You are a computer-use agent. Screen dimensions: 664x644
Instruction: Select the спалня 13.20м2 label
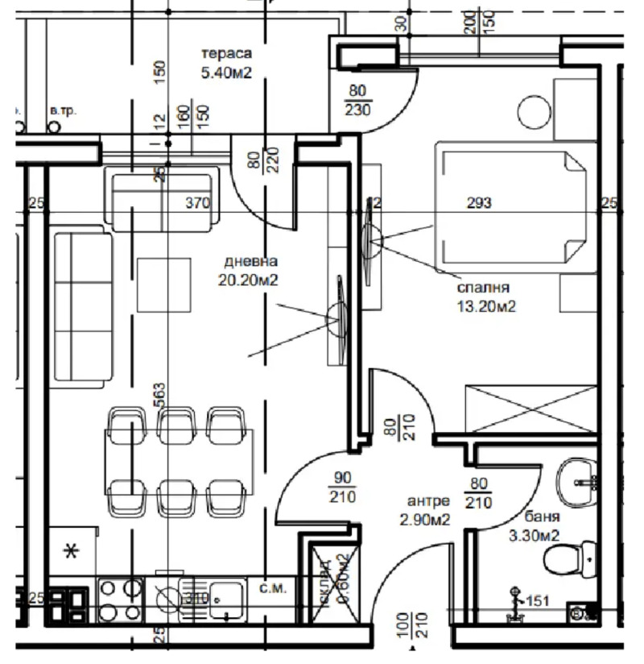pos(486,296)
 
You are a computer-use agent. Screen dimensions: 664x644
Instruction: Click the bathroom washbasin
pos(576,479)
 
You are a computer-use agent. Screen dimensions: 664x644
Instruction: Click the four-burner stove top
pos(120,600)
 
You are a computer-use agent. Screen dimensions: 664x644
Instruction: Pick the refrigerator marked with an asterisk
pos(72,552)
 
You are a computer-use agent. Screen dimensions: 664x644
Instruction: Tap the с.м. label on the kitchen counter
pos(270,589)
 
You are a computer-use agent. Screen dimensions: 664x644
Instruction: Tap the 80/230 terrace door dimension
pos(357,102)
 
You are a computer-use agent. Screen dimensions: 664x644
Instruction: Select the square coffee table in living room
pos(163,284)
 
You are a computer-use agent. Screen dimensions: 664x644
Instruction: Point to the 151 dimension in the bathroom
pos(536,600)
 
